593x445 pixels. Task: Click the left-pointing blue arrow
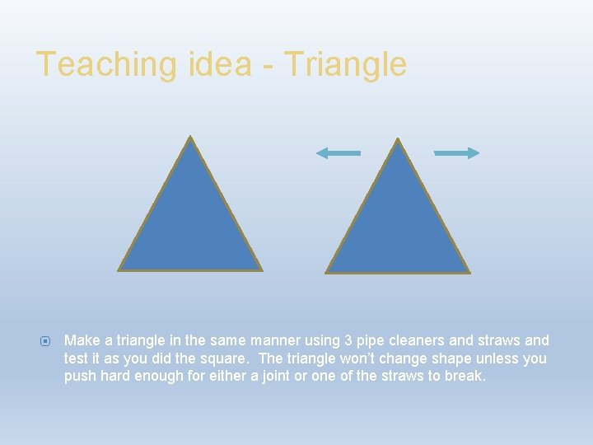(x=338, y=152)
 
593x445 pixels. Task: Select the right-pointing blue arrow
(x=457, y=152)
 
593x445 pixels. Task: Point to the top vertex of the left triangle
(x=190, y=138)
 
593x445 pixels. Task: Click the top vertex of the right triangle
(x=399, y=139)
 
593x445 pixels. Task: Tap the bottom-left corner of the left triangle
(x=119, y=269)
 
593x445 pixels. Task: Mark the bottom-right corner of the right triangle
(x=468, y=271)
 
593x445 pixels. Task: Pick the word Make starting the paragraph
(x=81, y=340)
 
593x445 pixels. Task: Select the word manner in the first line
(x=279, y=340)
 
